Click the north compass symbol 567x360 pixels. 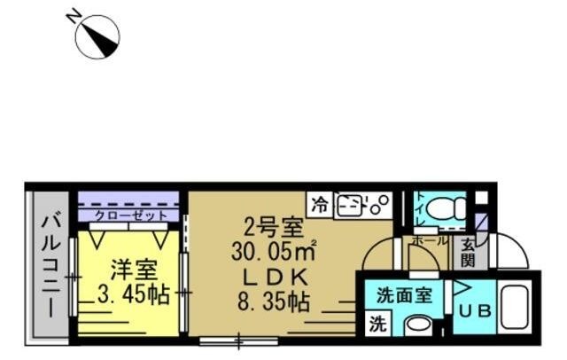(x=97, y=37)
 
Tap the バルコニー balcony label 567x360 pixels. (x=50, y=264)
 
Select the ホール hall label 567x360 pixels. (x=430, y=240)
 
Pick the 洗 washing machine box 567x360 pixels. (x=378, y=323)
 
